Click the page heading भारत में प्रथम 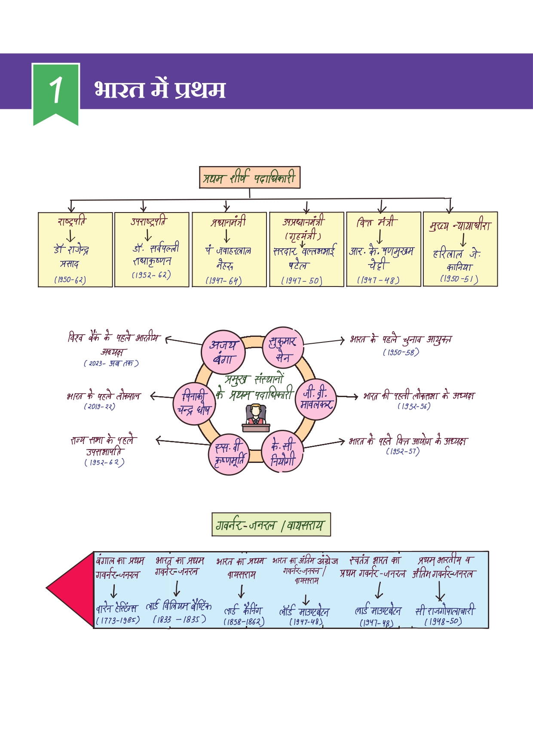[159, 89]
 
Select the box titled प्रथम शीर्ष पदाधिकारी [249, 178]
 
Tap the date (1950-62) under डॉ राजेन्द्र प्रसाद [70, 280]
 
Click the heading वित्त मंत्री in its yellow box [374, 222]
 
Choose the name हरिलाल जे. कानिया [458, 260]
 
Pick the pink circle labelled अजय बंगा [223, 352]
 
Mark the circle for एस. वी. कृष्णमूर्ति [229, 454]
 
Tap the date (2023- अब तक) [111, 364]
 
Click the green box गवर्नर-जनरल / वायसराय [271, 524]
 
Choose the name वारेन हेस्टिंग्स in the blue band [116, 609]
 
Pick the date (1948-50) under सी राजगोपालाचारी [443, 622]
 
